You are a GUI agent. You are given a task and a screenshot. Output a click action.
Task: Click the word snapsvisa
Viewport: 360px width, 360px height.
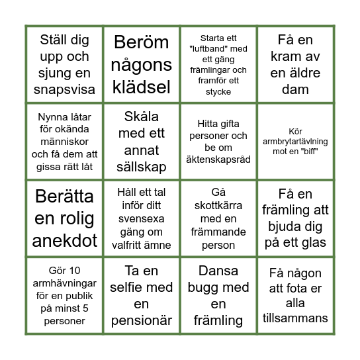click(x=64, y=89)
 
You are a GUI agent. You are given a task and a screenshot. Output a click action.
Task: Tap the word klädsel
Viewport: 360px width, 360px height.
click(x=141, y=87)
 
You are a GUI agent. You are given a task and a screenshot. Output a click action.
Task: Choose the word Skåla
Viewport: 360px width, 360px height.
click(x=141, y=116)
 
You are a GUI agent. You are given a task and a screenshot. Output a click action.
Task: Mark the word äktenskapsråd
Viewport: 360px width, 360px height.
click(x=218, y=160)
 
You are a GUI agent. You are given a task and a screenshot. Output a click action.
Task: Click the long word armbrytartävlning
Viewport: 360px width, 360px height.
click(x=295, y=142)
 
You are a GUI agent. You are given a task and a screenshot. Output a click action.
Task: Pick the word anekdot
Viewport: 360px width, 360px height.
click(x=64, y=240)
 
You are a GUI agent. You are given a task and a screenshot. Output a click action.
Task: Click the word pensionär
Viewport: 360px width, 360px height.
click(x=141, y=321)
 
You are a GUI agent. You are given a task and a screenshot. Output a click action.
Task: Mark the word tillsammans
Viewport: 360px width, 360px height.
click(x=295, y=318)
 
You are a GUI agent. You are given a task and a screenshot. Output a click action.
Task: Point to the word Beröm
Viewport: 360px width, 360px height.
click(x=141, y=43)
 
